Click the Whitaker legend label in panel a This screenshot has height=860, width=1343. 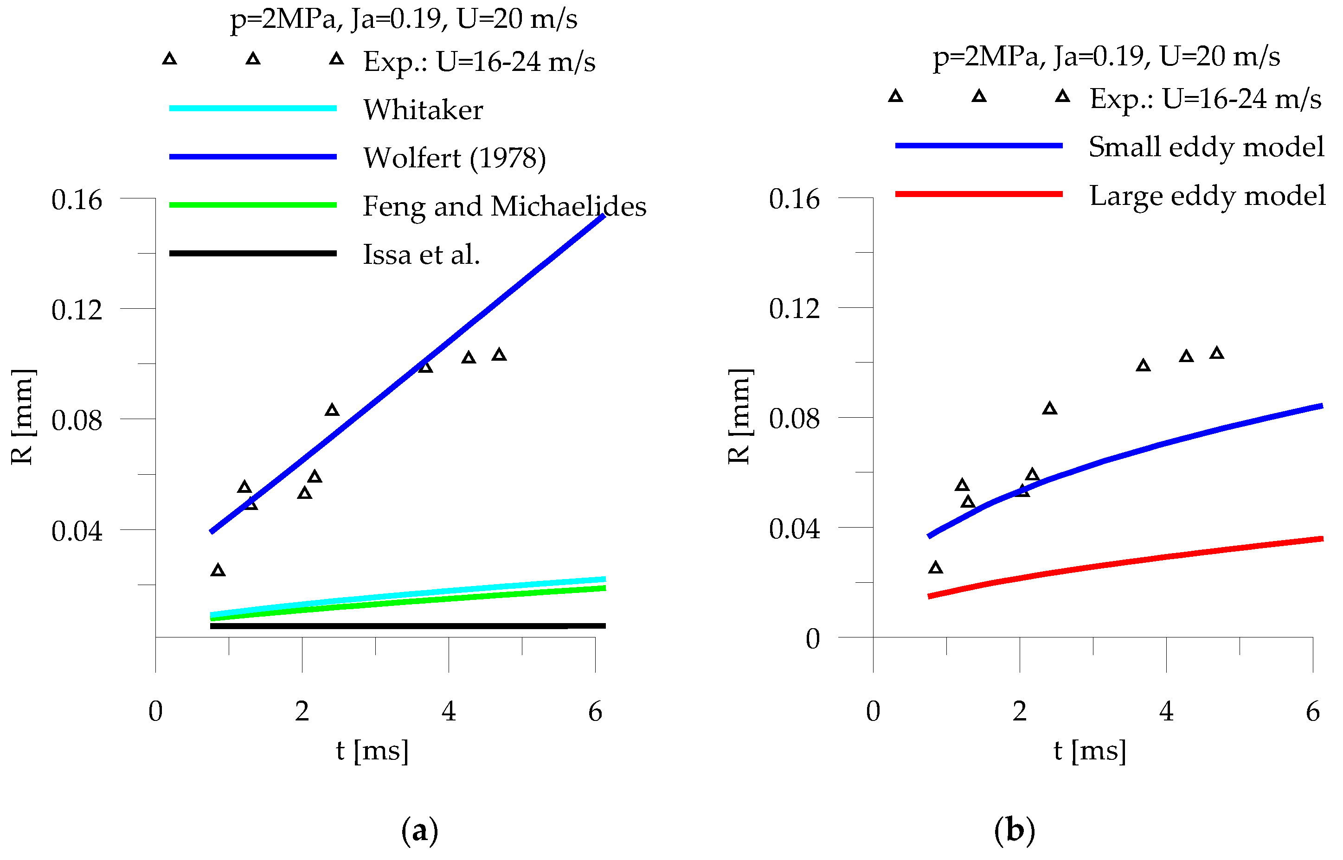point(423,109)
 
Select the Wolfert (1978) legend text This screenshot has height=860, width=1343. point(454,158)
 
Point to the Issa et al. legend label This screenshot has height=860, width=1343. point(421,255)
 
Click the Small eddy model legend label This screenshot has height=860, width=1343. point(1206,147)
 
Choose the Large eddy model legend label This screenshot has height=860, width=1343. point(1207,196)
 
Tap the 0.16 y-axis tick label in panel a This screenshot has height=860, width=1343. point(77,199)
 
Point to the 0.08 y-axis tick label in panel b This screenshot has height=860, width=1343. point(794,419)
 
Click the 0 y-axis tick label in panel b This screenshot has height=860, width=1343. point(812,638)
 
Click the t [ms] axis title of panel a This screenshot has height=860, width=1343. point(372,750)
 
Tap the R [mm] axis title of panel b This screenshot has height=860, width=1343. point(739,417)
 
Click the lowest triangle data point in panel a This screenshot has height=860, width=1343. point(218,570)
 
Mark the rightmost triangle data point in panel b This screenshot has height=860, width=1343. point(1217,353)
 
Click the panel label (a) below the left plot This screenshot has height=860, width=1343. point(419,830)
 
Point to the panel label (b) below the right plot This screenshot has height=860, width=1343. point(1014,830)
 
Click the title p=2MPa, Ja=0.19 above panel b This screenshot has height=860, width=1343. point(1106,57)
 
